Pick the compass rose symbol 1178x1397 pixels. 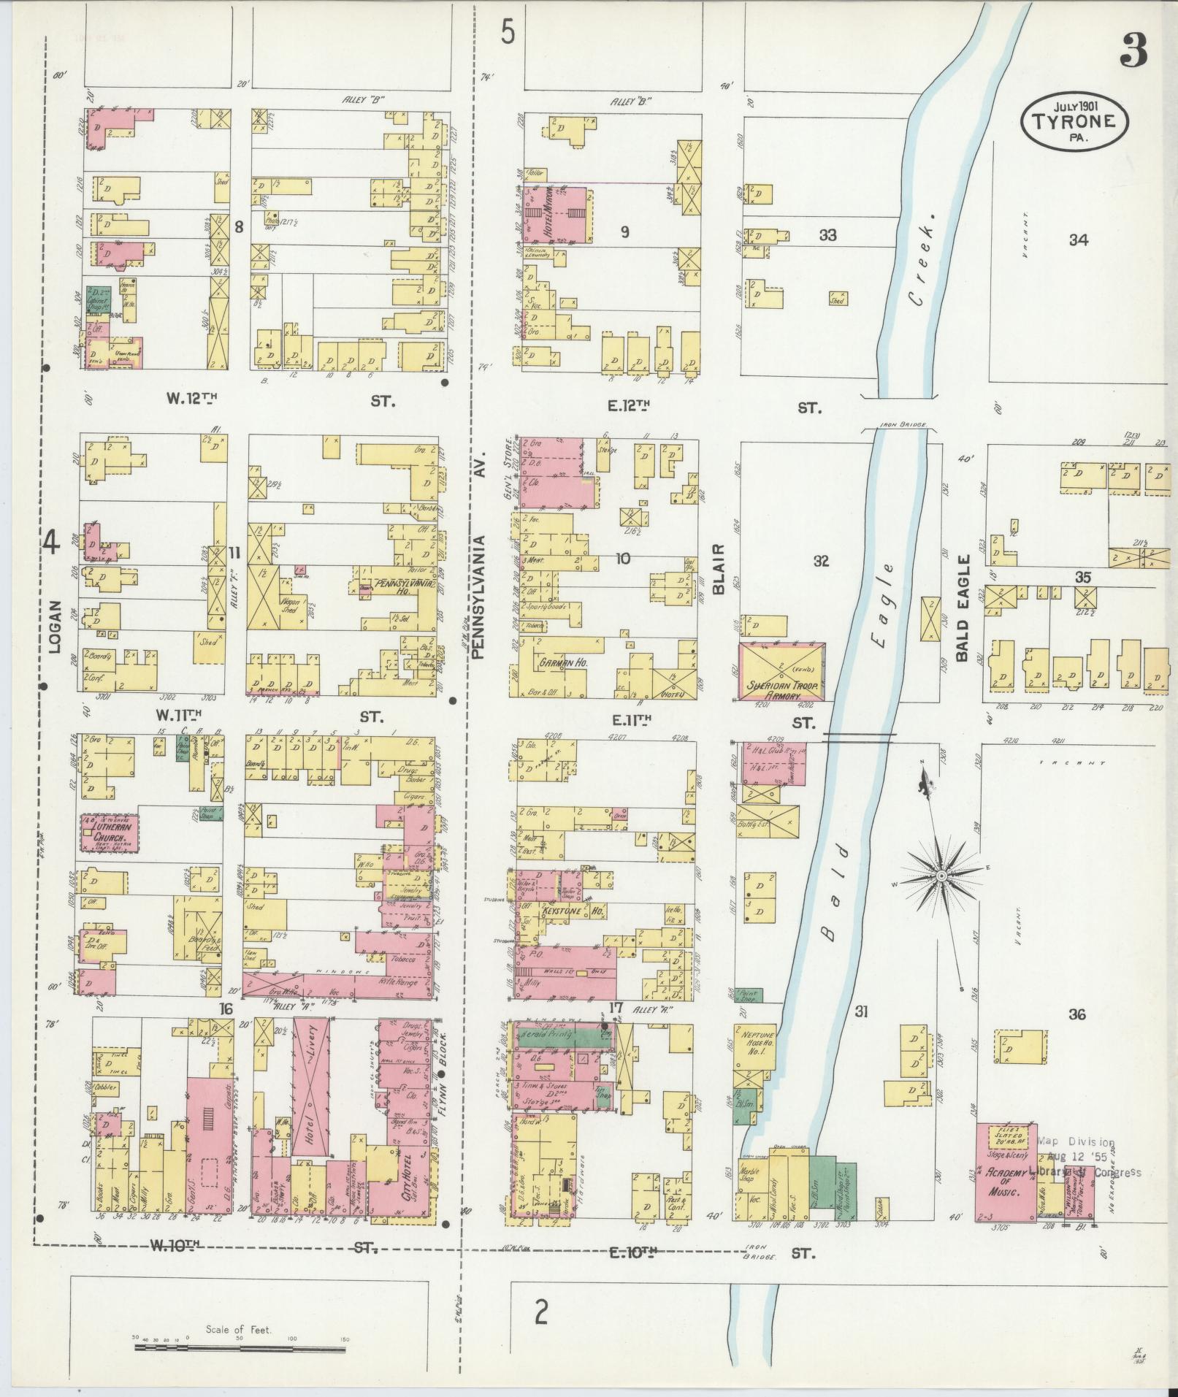pos(941,875)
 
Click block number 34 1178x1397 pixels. pos(1078,240)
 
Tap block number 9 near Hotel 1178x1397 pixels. pos(624,232)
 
